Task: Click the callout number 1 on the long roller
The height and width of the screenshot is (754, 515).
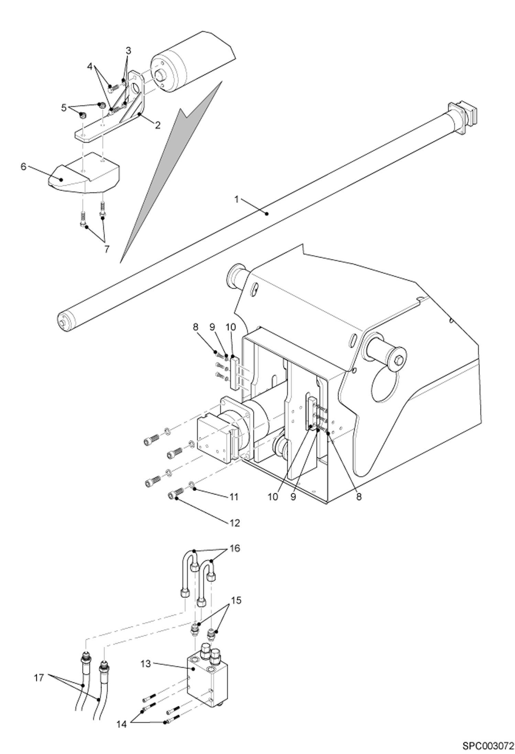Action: coord(237,199)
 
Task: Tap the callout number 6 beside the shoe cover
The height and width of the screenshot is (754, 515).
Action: coord(23,167)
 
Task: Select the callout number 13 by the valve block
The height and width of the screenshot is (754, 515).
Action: coord(146,664)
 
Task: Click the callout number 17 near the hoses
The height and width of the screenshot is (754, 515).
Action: coord(39,678)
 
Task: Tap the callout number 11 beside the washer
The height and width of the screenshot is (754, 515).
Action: coord(234,497)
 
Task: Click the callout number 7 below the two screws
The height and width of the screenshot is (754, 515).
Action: coord(107,249)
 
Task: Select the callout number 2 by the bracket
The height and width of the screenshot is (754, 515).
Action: coord(157,125)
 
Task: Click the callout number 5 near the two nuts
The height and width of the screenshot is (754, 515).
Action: coord(64,108)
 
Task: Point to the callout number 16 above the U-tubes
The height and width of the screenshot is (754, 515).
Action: coord(235,548)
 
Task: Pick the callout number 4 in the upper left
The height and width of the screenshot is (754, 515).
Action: coord(90,66)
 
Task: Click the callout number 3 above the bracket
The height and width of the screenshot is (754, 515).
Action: coord(128,51)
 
